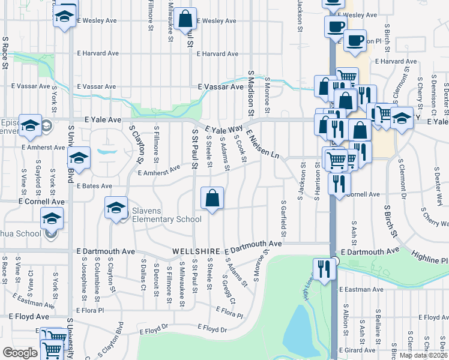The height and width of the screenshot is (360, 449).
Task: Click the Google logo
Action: (20, 352)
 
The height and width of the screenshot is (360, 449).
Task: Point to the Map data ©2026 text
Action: (423, 355)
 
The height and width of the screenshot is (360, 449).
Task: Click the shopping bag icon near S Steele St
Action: (212, 198)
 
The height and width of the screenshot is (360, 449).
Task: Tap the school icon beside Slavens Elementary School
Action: (116, 208)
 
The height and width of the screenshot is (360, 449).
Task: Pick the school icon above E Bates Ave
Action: (78, 158)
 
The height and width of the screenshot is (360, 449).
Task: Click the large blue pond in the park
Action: (297, 334)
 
